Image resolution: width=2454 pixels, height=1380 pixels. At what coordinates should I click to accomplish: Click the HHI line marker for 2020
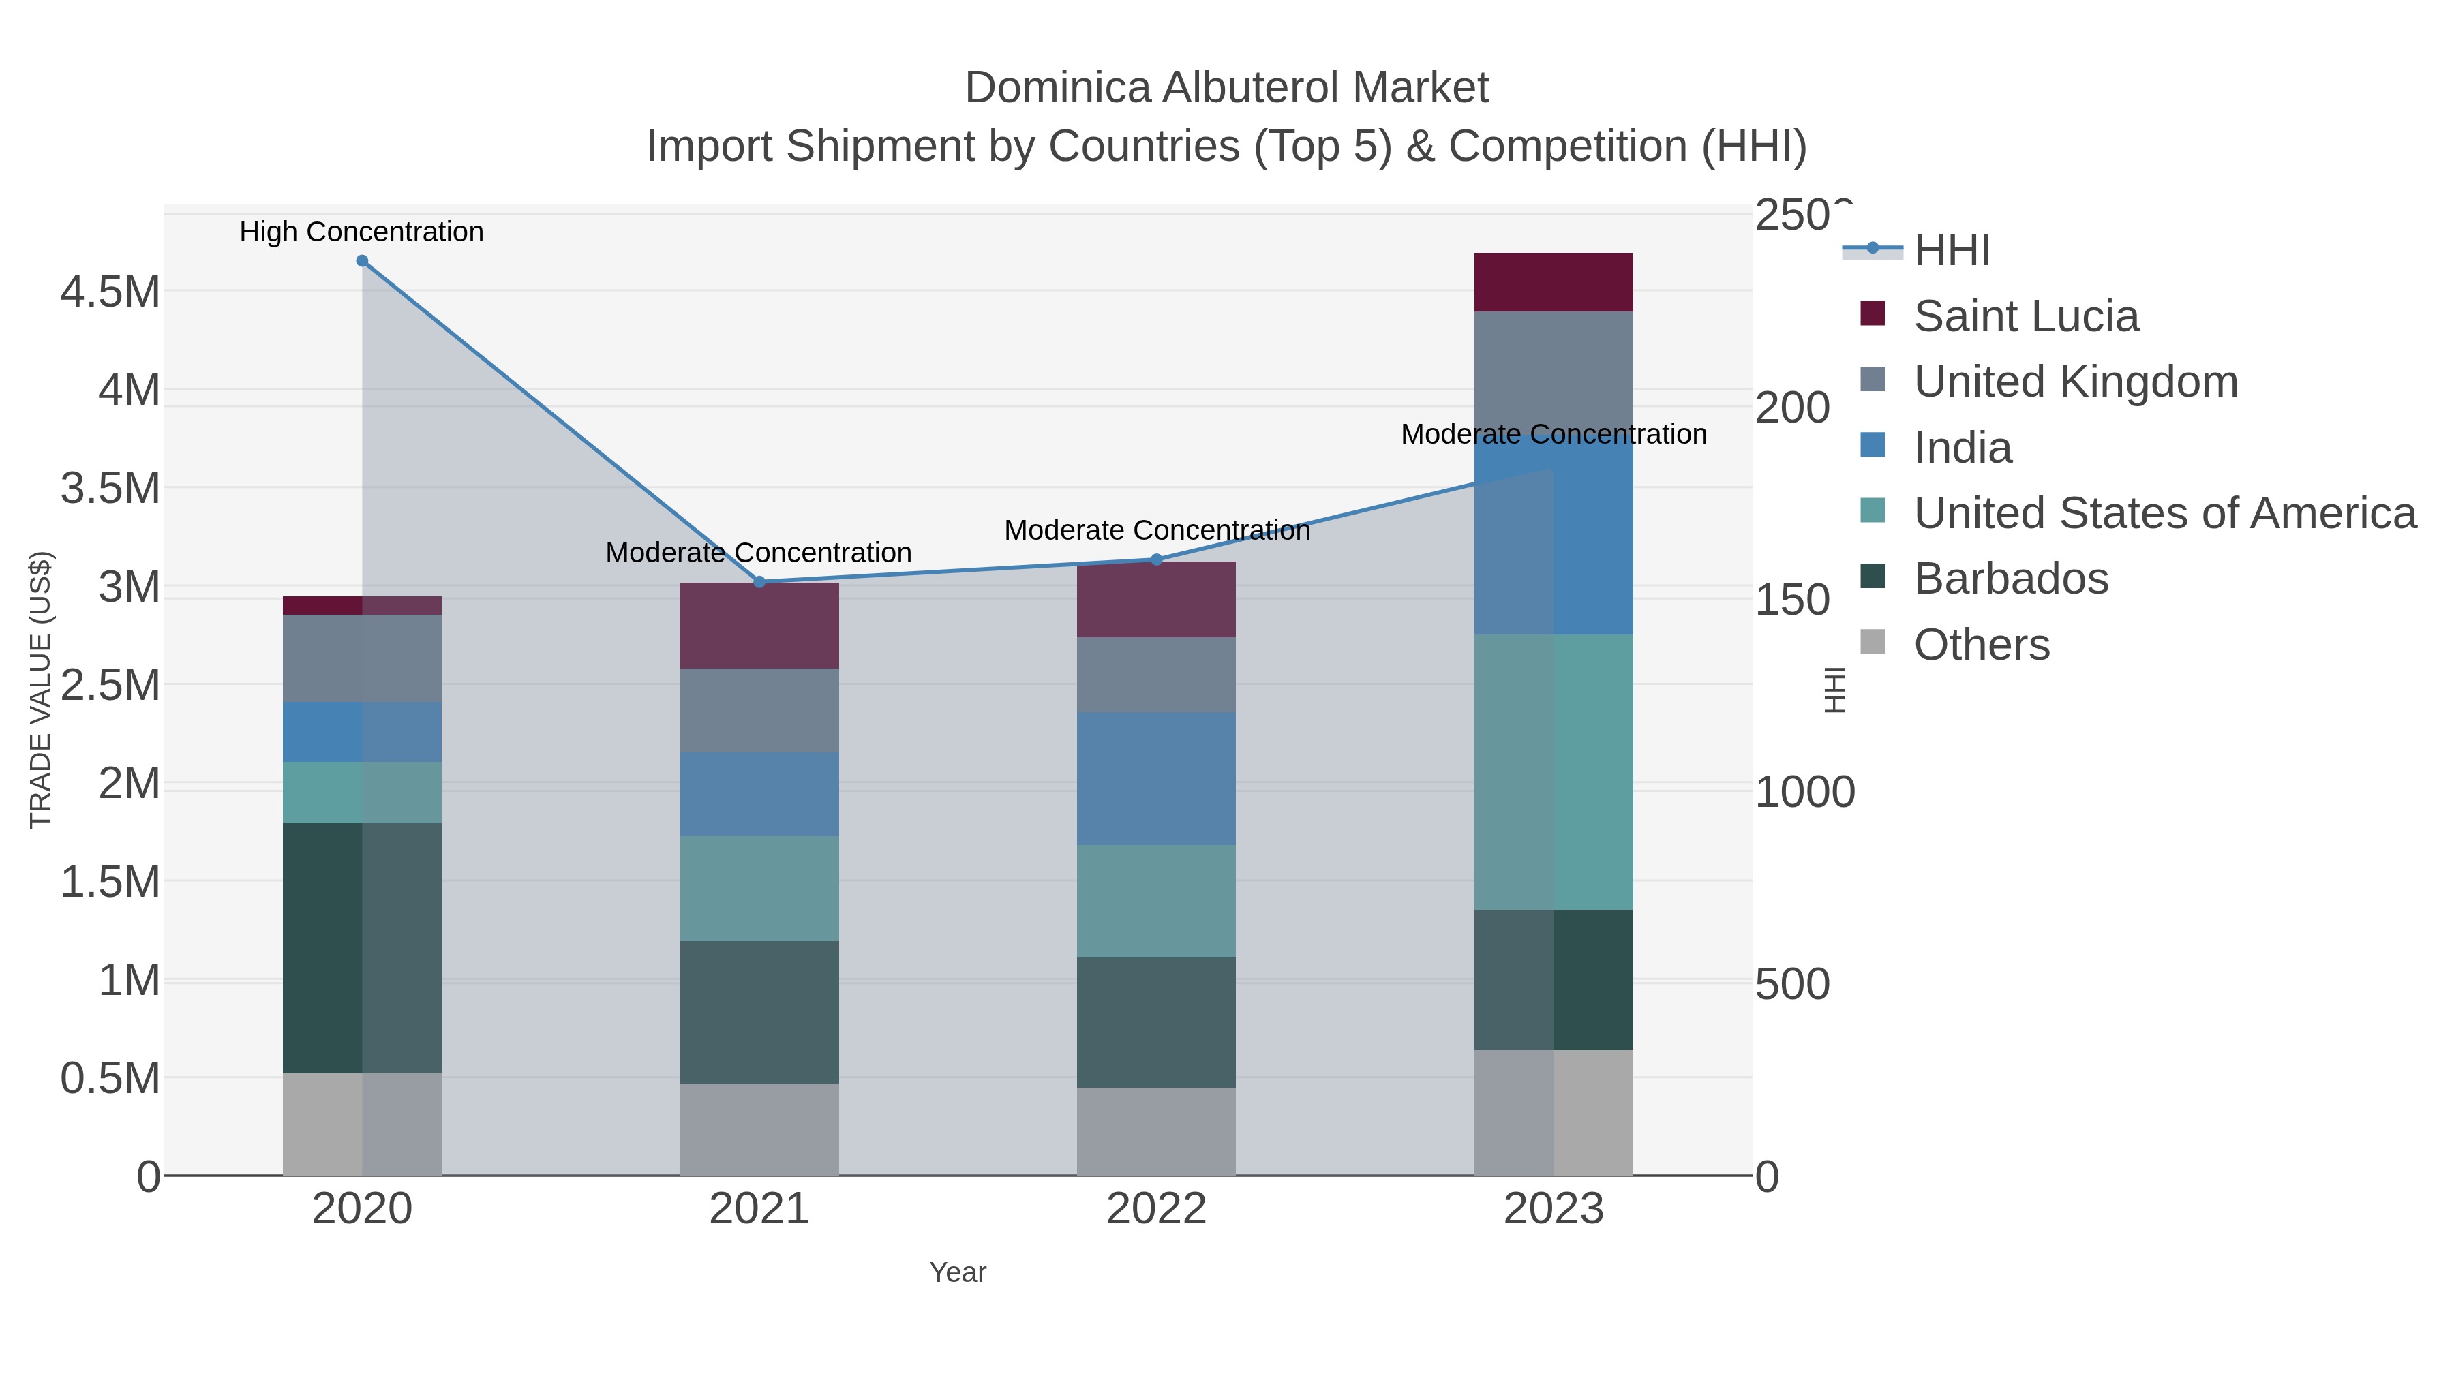pyautogui.click(x=362, y=261)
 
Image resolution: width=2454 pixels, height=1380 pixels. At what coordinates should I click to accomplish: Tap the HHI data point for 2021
pyautogui.click(x=759, y=582)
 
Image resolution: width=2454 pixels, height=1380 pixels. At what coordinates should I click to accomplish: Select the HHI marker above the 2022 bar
pyautogui.click(x=1157, y=560)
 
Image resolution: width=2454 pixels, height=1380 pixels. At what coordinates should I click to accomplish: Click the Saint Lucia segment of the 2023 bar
pyautogui.click(x=1553, y=282)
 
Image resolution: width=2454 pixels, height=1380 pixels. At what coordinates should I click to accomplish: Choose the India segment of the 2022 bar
pyautogui.click(x=1157, y=778)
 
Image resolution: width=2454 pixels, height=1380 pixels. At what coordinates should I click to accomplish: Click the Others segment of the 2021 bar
pyautogui.click(x=759, y=1129)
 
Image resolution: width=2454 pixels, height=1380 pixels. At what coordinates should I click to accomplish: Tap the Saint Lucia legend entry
pyautogui.click(x=2025, y=316)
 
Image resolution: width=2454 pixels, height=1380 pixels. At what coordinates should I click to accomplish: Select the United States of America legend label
pyautogui.click(x=2164, y=513)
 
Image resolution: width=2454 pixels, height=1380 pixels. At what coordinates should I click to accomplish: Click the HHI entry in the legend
pyautogui.click(x=1951, y=251)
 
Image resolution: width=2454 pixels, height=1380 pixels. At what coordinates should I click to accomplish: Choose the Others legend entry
pyautogui.click(x=1982, y=645)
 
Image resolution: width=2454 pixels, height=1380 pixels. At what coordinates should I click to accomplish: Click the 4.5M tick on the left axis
pyautogui.click(x=110, y=292)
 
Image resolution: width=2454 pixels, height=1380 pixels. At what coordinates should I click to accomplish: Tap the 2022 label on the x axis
pyautogui.click(x=1157, y=1210)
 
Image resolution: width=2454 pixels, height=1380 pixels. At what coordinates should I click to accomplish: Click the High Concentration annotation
pyautogui.click(x=361, y=232)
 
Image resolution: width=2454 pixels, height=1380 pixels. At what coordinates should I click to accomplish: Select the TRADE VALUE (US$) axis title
pyautogui.click(x=40, y=690)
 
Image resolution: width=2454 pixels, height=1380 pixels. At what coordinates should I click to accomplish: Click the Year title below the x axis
pyautogui.click(x=958, y=1272)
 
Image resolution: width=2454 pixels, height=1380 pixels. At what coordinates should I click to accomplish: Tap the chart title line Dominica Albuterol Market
pyautogui.click(x=1226, y=88)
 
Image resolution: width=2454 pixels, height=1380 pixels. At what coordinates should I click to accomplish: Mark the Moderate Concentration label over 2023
pyautogui.click(x=1553, y=434)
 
